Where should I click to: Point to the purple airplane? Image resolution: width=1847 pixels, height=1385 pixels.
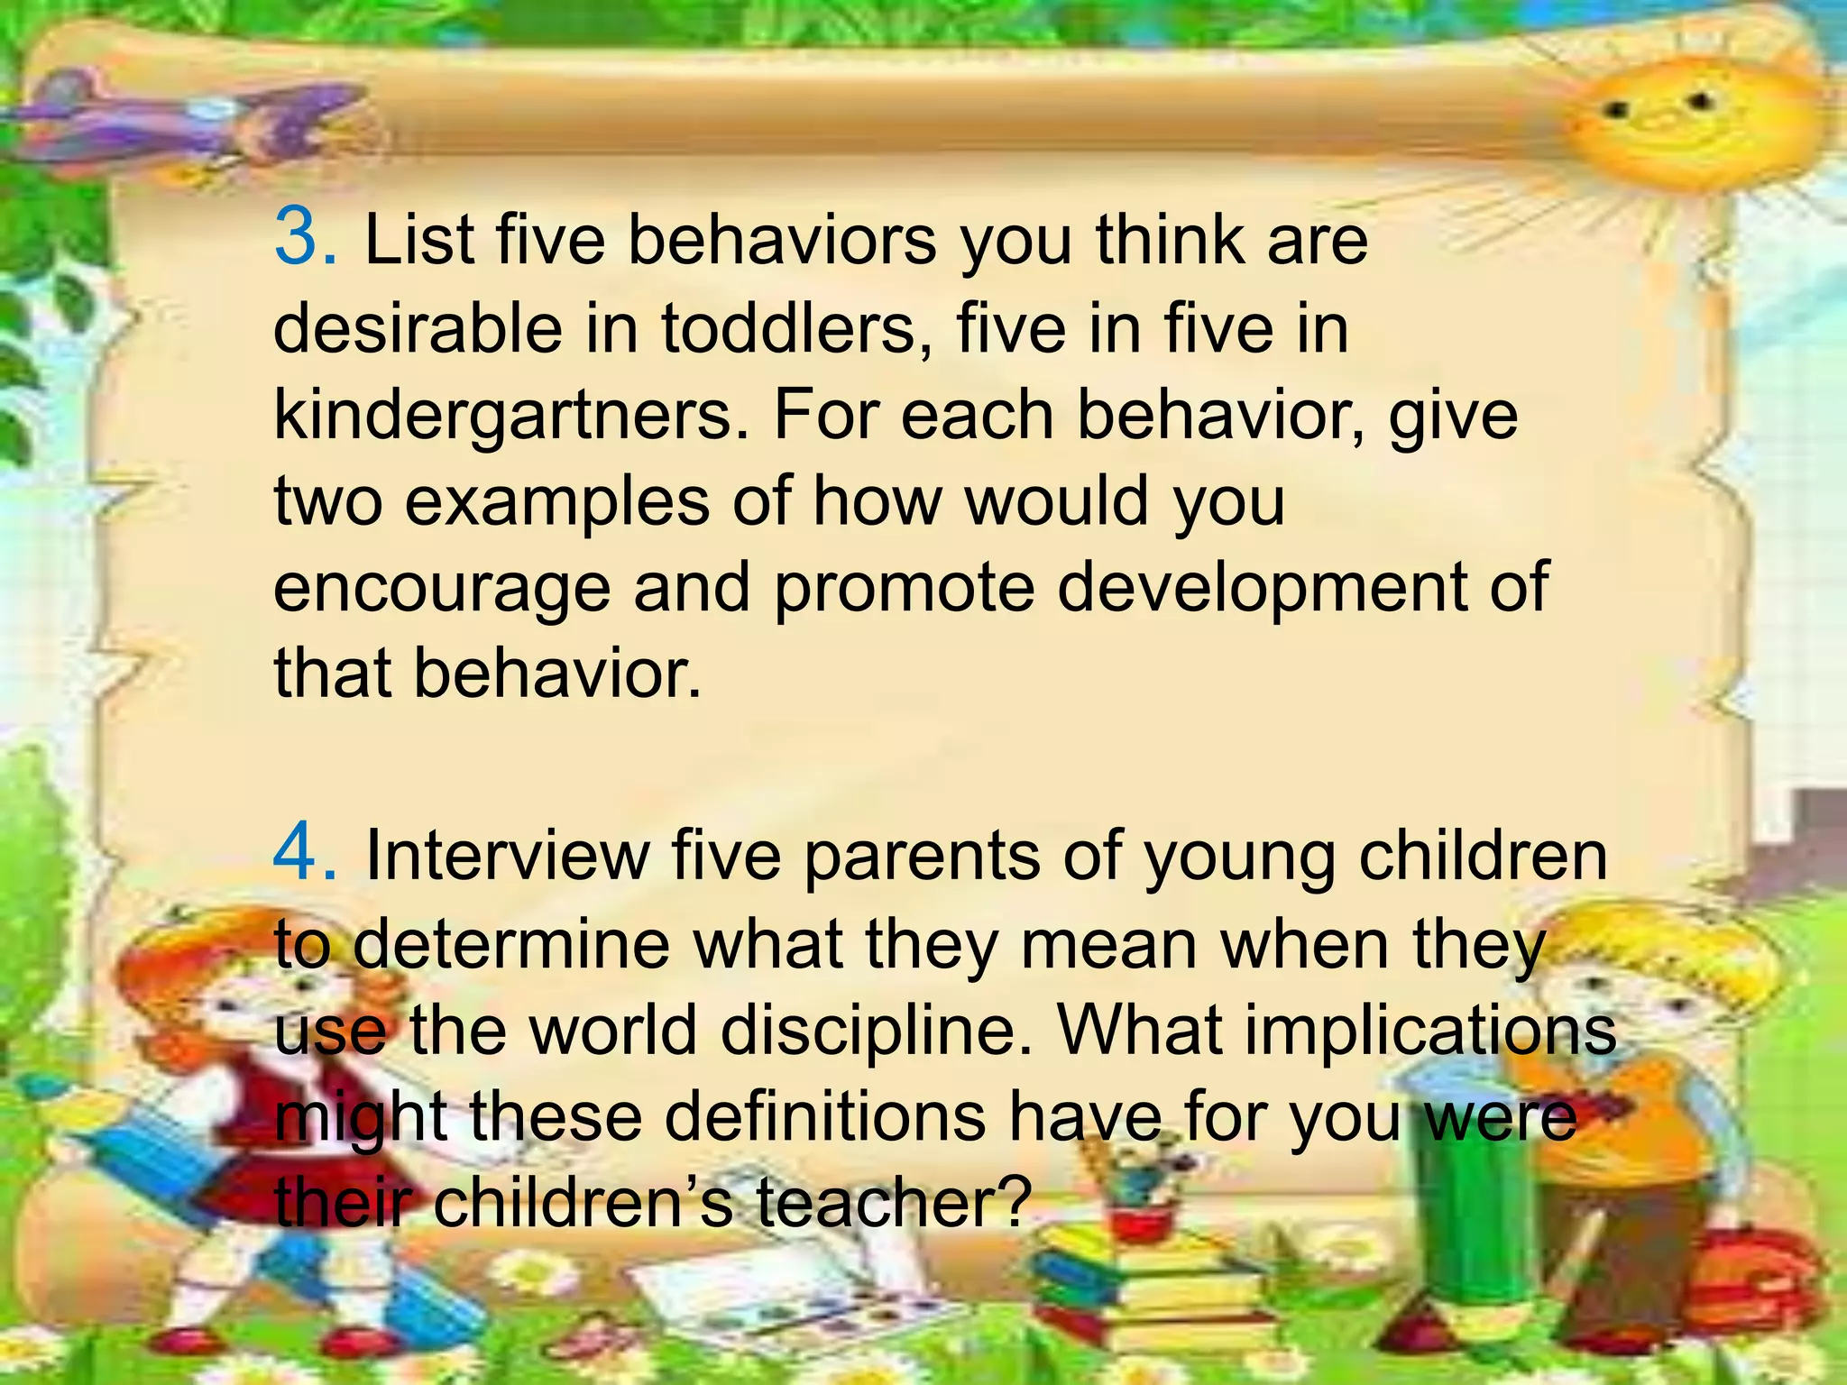pyautogui.click(x=180, y=117)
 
